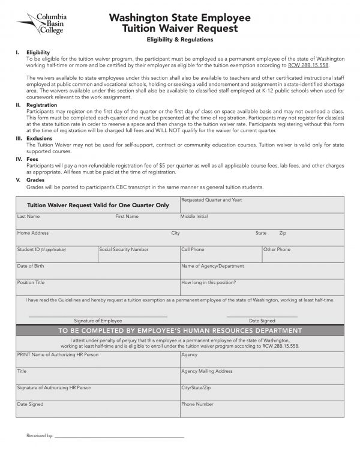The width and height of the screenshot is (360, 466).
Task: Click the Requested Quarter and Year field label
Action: pos(211,199)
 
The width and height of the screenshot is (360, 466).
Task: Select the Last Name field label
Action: pos(29,216)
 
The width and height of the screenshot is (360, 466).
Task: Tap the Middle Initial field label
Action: pos(194,216)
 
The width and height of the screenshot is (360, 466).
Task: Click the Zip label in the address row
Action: pos(283,232)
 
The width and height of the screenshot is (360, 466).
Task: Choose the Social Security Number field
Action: pos(138,255)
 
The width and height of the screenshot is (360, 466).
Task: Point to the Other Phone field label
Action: pos(277,249)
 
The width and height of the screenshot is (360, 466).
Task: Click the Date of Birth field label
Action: pos(30,265)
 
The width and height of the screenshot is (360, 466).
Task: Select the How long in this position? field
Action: pos(262,287)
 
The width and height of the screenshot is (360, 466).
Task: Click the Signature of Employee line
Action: pos(98,316)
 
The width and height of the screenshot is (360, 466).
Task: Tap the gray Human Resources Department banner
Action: pos(180,331)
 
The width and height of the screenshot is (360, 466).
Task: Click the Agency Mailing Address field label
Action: pos(206,371)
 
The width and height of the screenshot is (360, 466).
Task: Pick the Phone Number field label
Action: pos(197,404)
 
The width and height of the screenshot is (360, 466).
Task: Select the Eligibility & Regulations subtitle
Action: pos(180,40)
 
